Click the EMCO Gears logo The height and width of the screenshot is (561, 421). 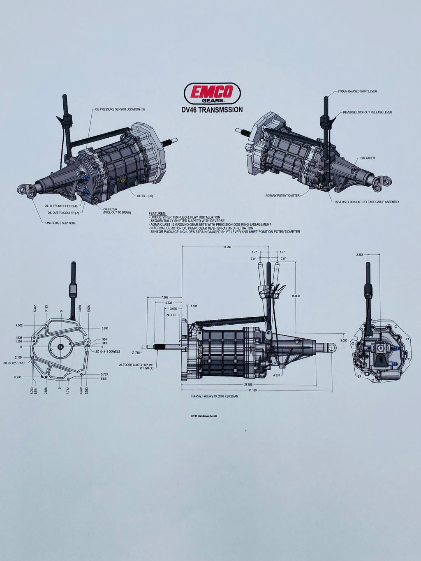[212, 93]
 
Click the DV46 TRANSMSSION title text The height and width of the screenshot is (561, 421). [212, 110]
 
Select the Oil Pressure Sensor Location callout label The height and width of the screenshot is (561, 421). [120, 109]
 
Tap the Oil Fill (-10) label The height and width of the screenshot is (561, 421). [145, 196]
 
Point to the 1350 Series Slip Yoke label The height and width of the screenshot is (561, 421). [60, 223]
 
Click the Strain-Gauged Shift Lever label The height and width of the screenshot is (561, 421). [357, 91]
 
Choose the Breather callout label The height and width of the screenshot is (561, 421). [368, 158]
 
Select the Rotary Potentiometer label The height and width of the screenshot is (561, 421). [282, 196]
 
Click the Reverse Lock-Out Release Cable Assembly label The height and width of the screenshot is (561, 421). [367, 202]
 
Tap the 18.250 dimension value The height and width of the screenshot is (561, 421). [227, 247]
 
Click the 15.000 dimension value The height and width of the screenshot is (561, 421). [295, 296]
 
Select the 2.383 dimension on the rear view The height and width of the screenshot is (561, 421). [359, 255]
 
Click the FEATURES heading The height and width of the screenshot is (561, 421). [157, 214]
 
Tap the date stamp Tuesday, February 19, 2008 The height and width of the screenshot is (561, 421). [214, 397]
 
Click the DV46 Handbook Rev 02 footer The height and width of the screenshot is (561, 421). [204, 416]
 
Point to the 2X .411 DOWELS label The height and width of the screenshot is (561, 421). [108, 351]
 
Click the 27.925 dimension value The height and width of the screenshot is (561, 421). [248, 384]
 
